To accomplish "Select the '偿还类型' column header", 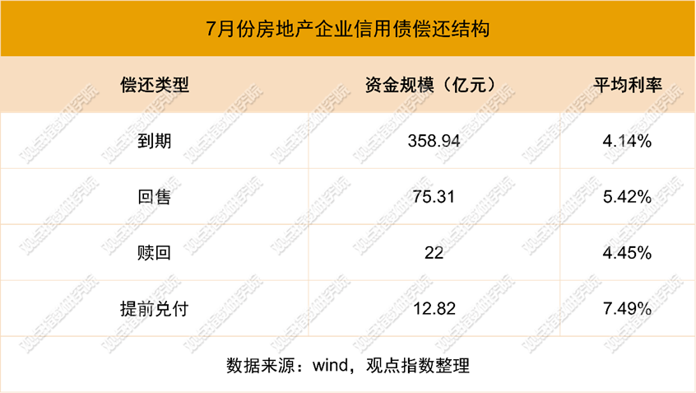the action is pyautogui.click(x=155, y=85).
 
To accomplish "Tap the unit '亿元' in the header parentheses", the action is pyautogui.click(x=467, y=85).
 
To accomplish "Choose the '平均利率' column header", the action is pyautogui.click(x=628, y=85).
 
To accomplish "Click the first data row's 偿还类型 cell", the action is pyautogui.click(x=155, y=141).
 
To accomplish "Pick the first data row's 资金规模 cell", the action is pyautogui.click(x=434, y=141).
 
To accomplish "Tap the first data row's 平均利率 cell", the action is pyautogui.click(x=628, y=141).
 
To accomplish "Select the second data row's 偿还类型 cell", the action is pyautogui.click(x=155, y=196).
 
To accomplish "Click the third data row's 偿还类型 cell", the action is pyautogui.click(x=155, y=252).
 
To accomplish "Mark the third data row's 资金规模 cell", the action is pyautogui.click(x=434, y=252).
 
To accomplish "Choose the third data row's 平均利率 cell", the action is pyautogui.click(x=628, y=252).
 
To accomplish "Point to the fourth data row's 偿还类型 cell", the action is pyautogui.click(x=155, y=308).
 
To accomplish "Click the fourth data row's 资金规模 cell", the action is pyautogui.click(x=434, y=308).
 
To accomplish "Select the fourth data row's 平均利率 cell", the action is pyautogui.click(x=628, y=308).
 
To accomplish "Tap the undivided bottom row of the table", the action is pyautogui.click(x=348, y=363).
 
